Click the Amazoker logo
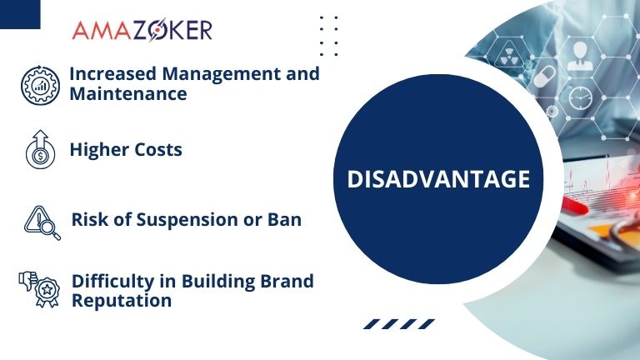tap(142, 30)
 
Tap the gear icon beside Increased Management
tap(38, 83)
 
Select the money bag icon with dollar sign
tap(40, 150)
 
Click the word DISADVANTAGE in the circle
tap(437, 178)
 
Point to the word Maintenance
tap(127, 93)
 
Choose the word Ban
tap(285, 220)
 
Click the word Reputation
tap(122, 300)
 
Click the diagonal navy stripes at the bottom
tap(400, 324)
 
